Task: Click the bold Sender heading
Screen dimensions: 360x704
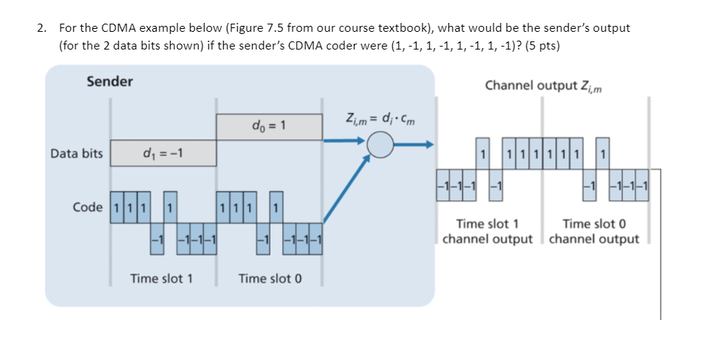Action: [x=109, y=81]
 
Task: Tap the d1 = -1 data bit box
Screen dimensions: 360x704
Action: [x=163, y=154]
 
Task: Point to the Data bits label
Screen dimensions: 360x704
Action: [x=77, y=154]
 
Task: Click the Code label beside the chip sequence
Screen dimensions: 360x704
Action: [x=88, y=207]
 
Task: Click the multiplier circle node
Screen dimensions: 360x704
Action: [x=380, y=145]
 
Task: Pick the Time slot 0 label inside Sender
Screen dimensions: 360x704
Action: [x=270, y=279]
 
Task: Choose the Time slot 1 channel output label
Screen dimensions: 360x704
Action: [x=487, y=231]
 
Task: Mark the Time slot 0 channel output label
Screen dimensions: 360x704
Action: [x=594, y=231]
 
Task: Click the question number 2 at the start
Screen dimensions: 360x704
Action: [x=41, y=28]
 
